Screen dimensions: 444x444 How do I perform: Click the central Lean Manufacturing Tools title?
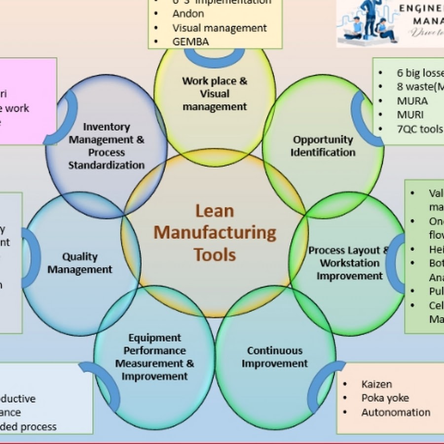[x=215, y=232]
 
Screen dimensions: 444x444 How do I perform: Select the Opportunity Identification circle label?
[x=323, y=146]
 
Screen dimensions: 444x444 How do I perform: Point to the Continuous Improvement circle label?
[x=275, y=357]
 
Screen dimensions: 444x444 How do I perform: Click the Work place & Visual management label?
[x=215, y=93]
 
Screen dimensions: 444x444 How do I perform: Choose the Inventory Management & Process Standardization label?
[x=107, y=146]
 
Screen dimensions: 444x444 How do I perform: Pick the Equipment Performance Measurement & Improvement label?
[x=154, y=357]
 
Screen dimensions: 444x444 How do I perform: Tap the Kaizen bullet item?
[x=376, y=384]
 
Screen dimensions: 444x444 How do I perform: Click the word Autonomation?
[x=396, y=412]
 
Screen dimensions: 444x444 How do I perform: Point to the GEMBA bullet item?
[x=190, y=41]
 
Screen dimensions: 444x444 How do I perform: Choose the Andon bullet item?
[x=188, y=14]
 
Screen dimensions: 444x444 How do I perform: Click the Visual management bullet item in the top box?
[x=220, y=28]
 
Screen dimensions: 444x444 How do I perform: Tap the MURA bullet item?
[x=412, y=101]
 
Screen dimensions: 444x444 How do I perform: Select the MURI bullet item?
[x=410, y=115]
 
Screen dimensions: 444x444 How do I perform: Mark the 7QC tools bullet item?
[x=420, y=129]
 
